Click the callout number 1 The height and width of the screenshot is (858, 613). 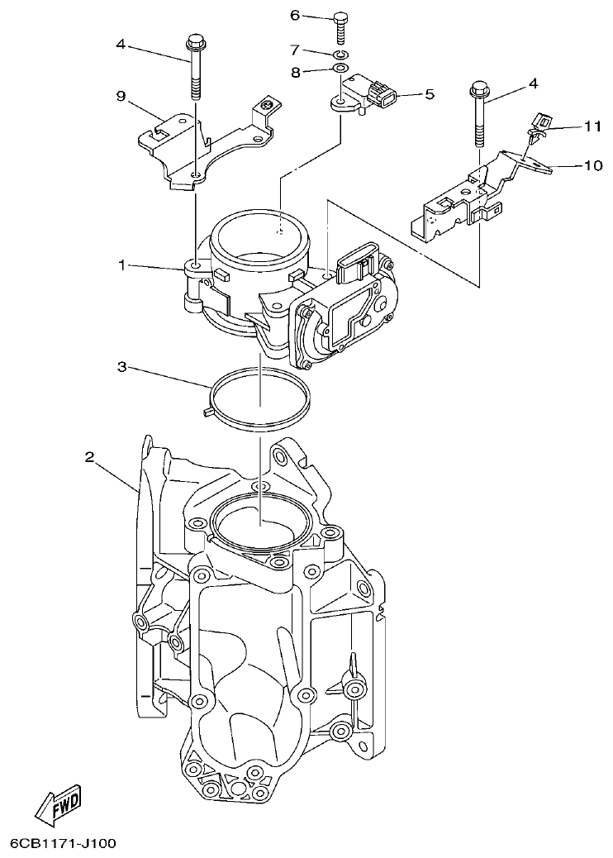tap(121, 265)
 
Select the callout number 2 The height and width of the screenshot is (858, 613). tap(90, 455)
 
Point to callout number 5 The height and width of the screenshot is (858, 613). tap(429, 95)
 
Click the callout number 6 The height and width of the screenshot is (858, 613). tap(295, 16)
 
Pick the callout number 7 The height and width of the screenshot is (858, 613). tap(295, 52)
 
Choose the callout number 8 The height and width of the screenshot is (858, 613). tap(295, 72)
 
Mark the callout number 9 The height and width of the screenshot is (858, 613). tap(121, 97)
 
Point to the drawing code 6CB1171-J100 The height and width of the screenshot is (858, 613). tap(63, 844)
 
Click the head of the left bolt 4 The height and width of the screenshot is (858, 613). tap(196, 41)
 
